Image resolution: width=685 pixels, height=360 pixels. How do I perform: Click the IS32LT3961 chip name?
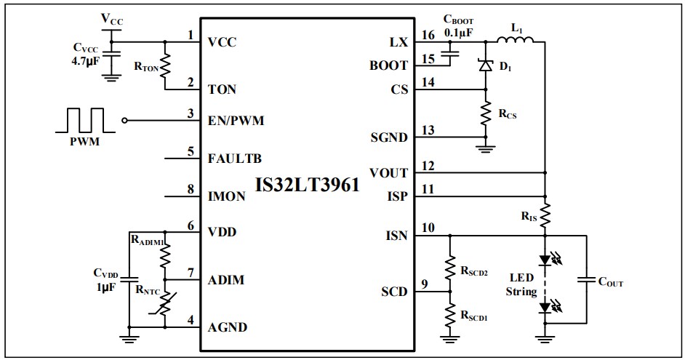pos(307,185)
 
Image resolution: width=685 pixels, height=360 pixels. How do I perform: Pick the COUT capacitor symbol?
pos(585,281)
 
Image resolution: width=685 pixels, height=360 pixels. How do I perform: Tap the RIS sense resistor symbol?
pos(545,215)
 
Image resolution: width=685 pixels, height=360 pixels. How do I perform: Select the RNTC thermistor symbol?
pos(165,304)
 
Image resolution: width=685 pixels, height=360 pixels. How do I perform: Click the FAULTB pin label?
pos(234,157)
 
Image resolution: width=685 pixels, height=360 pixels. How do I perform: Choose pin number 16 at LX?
pos(428,34)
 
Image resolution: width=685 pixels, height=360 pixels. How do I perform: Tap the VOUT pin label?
pos(388,173)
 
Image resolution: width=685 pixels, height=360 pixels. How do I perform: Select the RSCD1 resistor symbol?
pos(450,313)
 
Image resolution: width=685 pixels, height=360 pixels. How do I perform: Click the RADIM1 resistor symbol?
pos(165,256)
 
